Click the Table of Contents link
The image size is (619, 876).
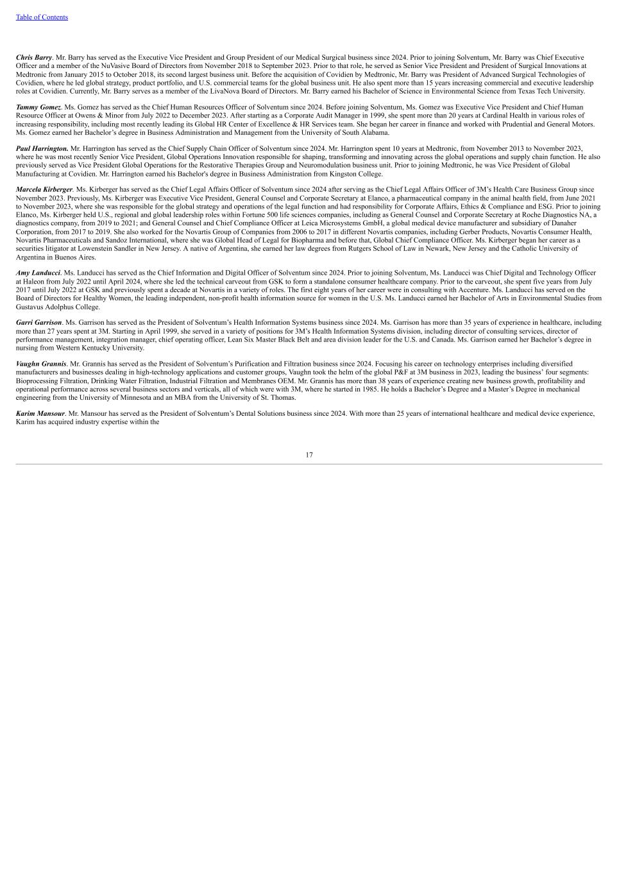click(x=42, y=17)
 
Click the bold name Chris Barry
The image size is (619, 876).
click(x=34, y=58)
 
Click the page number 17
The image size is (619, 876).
click(x=309, y=455)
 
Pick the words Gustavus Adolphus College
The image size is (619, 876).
click(x=57, y=307)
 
